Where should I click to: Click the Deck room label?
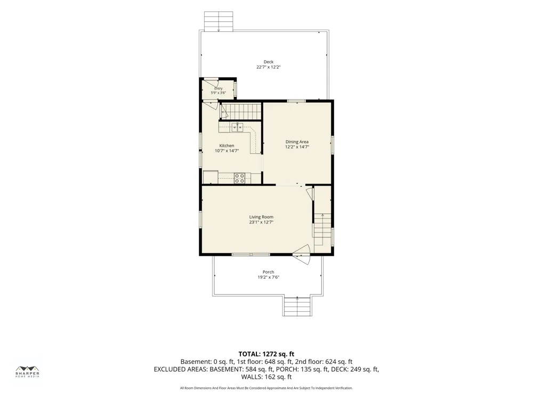(269, 62)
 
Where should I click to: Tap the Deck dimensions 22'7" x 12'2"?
(269, 67)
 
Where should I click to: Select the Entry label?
(218, 88)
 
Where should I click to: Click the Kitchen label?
(227, 146)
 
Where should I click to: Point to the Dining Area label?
(297, 142)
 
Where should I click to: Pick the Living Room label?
(261, 217)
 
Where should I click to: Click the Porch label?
(269, 272)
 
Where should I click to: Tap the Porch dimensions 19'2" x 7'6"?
(269, 277)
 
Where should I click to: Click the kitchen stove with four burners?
(239, 178)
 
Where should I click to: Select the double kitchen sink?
(237, 127)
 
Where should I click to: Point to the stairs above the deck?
(219, 21)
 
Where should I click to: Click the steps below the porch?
(297, 306)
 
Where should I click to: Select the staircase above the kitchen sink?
(241, 112)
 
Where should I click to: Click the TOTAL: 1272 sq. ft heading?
(266, 354)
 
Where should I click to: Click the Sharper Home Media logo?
(28, 371)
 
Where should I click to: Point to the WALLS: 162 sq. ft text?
(266, 377)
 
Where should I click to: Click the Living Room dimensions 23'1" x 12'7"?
(261, 222)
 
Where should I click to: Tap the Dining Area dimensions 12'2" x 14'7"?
(297, 147)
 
